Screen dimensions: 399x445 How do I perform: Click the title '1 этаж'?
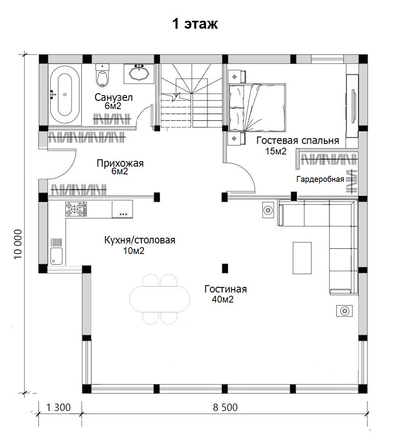[195, 24]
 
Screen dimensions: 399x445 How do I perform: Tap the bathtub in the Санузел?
[65, 94]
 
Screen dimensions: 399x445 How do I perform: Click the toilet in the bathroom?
[102, 75]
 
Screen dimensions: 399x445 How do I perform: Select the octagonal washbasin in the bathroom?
[139, 73]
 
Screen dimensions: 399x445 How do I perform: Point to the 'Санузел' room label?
[113, 98]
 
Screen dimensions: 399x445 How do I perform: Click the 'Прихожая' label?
[120, 164]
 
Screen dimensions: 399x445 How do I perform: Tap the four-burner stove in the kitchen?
[76, 209]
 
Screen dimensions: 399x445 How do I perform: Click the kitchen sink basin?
[56, 256]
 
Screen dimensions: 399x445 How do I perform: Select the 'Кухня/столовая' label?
[139, 240]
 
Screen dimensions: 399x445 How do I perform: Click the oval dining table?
[160, 299]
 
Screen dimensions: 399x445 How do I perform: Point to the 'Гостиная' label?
[225, 289]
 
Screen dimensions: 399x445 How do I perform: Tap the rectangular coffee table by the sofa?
[302, 258]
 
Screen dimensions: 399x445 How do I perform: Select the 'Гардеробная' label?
[320, 179]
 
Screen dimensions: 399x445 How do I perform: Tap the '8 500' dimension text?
[225, 407]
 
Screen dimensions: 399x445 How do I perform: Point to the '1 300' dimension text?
[59, 407]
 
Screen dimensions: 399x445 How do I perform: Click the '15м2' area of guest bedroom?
[276, 151]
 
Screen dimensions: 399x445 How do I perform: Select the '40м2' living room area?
[223, 299]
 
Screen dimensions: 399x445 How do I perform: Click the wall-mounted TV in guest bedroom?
[354, 106]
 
